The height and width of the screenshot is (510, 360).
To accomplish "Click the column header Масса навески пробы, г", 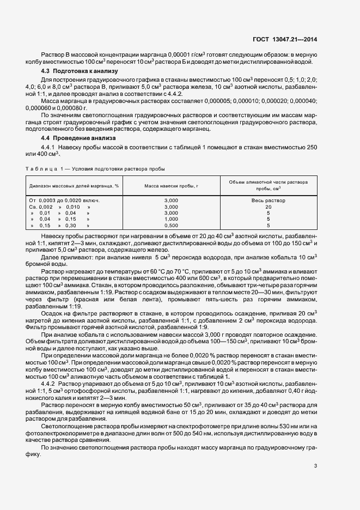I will point(170,186).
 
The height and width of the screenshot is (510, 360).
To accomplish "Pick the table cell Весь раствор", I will point(268,201).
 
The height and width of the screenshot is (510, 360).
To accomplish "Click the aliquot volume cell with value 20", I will point(268,207).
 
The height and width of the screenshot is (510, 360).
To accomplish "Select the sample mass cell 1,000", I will point(170,219).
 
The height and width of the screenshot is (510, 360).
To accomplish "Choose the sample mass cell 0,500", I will point(170,225).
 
